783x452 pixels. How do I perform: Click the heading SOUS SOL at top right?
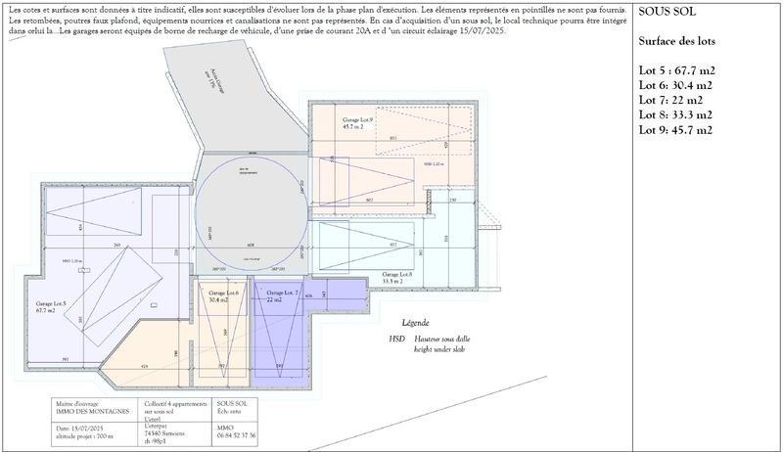click(x=664, y=13)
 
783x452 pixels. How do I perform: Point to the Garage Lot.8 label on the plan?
click(x=404, y=277)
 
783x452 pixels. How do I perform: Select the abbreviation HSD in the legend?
click(x=395, y=339)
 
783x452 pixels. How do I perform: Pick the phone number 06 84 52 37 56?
click(x=236, y=435)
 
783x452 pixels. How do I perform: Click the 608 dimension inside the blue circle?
click(x=251, y=246)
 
